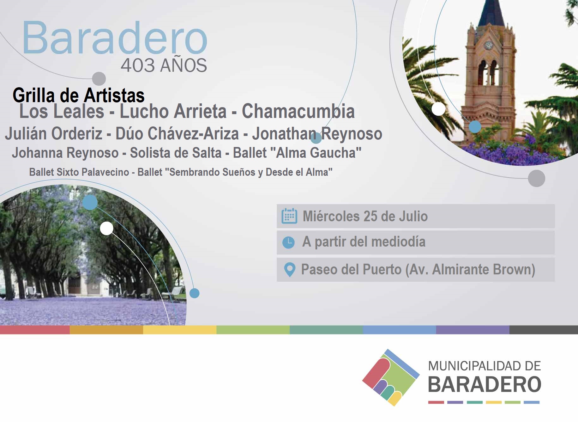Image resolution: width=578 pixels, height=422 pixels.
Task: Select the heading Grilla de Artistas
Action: pos(79,95)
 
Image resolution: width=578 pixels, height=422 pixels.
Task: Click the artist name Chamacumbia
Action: pos(298,111)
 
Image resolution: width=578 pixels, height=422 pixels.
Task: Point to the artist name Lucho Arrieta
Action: pos(173,111)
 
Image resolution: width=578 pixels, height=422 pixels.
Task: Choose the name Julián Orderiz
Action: pos(54,133)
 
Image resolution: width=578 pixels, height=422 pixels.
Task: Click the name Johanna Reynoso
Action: pos(65,153)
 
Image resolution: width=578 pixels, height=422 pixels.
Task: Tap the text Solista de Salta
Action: pos(176,153)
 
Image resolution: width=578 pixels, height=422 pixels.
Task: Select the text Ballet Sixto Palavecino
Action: pos(79,172)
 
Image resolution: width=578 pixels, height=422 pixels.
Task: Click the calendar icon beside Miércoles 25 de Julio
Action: pos(289,216)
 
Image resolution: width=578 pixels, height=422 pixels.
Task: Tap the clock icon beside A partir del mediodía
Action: pos(288,242)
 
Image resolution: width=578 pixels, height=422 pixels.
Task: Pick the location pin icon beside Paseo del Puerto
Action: pos(290,270)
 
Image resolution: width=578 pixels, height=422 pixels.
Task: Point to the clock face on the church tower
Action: pos(488,45)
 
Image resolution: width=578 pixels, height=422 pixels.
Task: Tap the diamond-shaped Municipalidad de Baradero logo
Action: pos(391,377)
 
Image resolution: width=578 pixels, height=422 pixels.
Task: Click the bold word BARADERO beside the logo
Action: pos(485,384)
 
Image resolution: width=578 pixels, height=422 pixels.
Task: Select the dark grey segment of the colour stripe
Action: pos(544,330)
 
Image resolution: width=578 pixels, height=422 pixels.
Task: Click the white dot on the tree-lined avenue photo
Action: pos(107,228)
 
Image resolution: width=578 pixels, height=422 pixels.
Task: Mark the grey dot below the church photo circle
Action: pos(536,178)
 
